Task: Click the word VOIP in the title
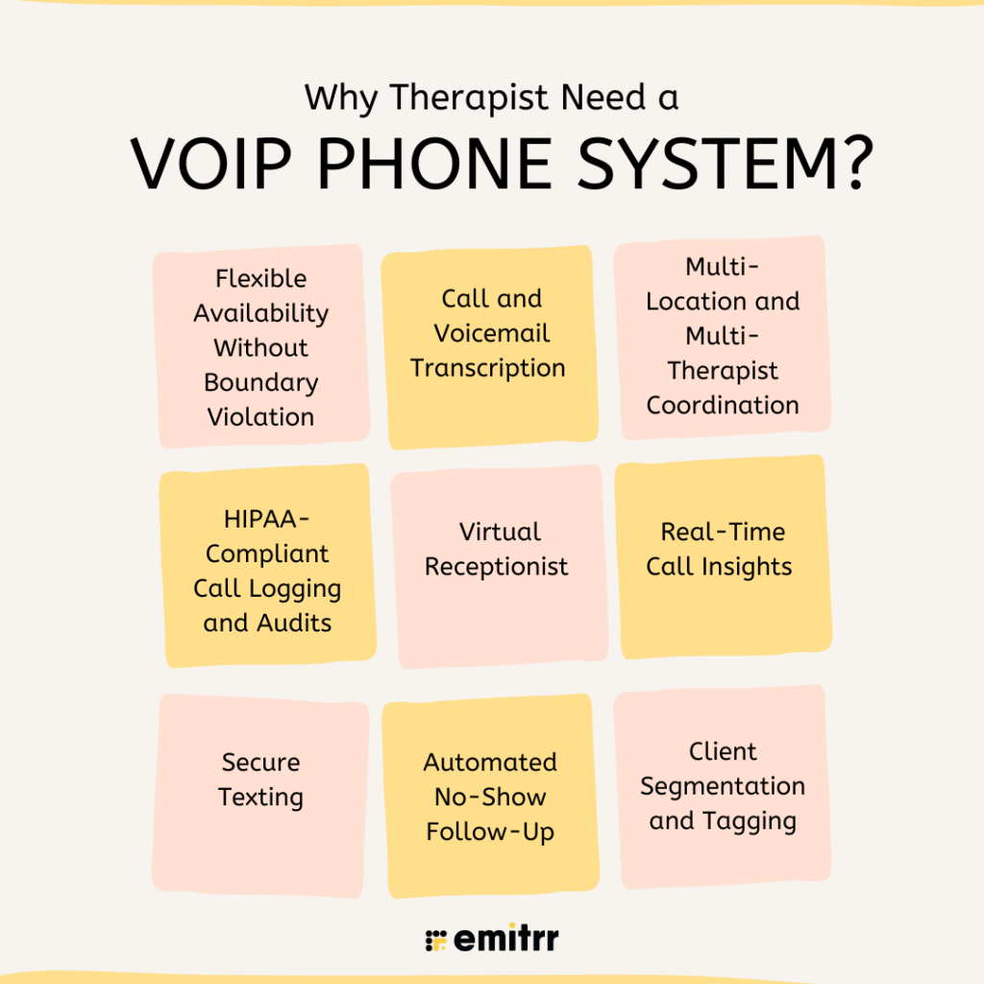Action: (214, 164)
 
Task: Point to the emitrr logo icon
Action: (434, 939)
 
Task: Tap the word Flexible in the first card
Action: (261, 279)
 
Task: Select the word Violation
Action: (261, 417)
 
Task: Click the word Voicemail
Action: (492, 333)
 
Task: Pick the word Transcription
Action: (488, 368)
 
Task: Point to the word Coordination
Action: (723, 406)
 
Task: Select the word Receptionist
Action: (497, 566)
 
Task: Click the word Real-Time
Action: (723, 531)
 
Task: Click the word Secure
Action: (261, 762)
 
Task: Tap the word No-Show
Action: (490, 797)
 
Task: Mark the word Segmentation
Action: (723, 786)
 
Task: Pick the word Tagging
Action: (749, 822)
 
